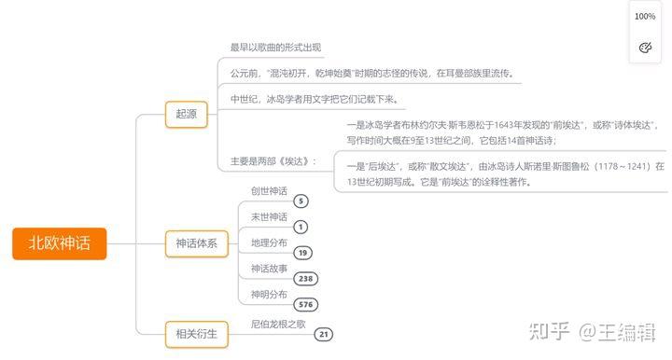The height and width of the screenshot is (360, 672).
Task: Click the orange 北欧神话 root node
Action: click(59, 244)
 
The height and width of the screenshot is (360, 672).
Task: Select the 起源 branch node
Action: click(186, 114)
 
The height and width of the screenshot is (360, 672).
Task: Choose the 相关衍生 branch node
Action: click(196, 333)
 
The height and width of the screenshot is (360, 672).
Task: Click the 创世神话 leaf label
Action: click(269, 191)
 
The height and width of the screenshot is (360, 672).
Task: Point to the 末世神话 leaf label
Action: click(269, 217)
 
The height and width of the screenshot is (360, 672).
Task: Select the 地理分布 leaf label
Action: click(269, 243)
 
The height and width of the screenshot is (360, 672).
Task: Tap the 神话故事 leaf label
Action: click(269, 270)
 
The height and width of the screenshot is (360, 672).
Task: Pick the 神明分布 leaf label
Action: click(269, 296)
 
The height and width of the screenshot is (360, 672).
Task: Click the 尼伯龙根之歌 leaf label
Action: click(278, 324)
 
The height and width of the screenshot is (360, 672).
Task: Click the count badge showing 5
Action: click(301, 201)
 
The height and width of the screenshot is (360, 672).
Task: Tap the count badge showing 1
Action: click(301, 227)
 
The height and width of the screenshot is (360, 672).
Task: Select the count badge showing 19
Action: click(302, 253)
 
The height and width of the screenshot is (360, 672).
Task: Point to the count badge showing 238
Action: click(305, 279)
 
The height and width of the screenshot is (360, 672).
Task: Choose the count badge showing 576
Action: click(305, 305)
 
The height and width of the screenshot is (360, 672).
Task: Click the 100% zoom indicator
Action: click(645, 17)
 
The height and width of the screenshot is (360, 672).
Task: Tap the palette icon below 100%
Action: click(645, 47)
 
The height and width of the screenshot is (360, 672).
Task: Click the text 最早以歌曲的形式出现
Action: click(276, 47)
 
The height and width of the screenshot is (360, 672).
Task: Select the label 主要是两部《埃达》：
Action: click(273, 160)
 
